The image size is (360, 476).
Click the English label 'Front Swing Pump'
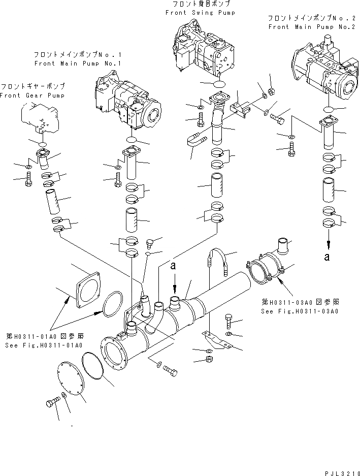click(x=200, y=12)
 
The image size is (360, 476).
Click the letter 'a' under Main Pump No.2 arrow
click(x=328, y=257)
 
